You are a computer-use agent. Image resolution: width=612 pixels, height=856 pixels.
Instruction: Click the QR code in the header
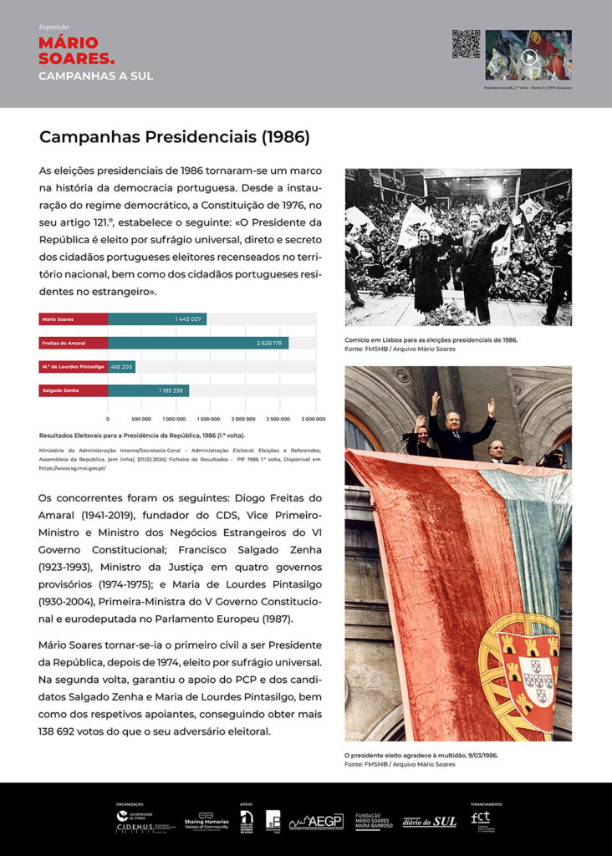466,44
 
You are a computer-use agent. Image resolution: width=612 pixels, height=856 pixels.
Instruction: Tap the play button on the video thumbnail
528,57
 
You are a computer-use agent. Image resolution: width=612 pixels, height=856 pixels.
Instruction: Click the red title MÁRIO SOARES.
76,50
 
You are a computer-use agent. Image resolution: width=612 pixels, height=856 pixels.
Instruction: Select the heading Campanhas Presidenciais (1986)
175,136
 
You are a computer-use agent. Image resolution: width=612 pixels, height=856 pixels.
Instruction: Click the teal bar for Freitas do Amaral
198,343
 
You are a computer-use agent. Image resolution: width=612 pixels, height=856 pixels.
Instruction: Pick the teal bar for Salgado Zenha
148,390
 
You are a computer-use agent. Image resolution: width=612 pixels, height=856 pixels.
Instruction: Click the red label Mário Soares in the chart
74,319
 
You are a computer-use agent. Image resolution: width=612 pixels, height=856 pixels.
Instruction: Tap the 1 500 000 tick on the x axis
209,418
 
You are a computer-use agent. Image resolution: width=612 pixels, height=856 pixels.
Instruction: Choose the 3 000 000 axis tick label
314,418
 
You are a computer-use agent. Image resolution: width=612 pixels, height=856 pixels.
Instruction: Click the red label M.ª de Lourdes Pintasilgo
74,366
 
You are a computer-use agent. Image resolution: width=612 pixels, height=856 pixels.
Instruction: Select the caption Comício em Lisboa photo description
431,340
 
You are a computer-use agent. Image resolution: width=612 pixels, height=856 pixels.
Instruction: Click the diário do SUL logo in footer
429,822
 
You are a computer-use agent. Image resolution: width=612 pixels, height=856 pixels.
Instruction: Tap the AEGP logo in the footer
316,822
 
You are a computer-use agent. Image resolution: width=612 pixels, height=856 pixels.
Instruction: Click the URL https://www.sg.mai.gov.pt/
73,468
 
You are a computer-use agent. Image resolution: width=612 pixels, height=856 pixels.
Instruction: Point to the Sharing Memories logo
206,820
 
